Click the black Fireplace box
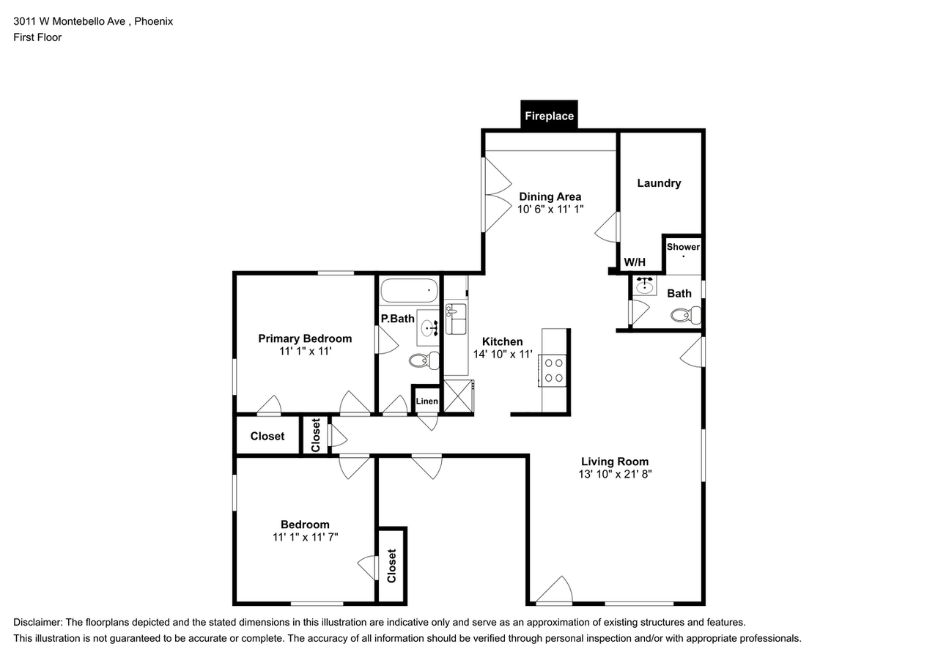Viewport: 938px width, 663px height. pyautogui.click(x=549, y=116)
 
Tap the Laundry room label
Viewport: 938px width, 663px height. pyautogui.click(x=659, y=183)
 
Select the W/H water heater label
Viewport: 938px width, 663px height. pyautogui.click(x=634, y=262)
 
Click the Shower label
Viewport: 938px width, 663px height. pyautogui.click(x=683, y=247)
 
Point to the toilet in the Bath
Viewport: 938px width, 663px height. pyautogui.click(x=686, y=316)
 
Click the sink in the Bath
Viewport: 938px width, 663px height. pyautogui.click(x=645, y=286)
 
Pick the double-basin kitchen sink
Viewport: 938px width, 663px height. pyautogui.click(x=456, y=320)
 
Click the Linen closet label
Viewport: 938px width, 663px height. pyautogui.click(x=426, y=401)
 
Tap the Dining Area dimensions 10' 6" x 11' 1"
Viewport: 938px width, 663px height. pyautogui.click(x=550, y=209)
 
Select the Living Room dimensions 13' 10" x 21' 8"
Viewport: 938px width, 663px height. pyautogui.click(x=614, y=474)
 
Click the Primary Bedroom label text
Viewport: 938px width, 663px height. pyautogui.click(x=305, y=338)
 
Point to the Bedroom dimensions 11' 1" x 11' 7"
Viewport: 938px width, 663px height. pyautogui.click(x=305, y=537)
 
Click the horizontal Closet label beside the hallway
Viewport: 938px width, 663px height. pyautogui.click(x=267, y=436)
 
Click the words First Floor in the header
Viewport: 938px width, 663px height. pyautogui.click(x=37, y=37)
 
